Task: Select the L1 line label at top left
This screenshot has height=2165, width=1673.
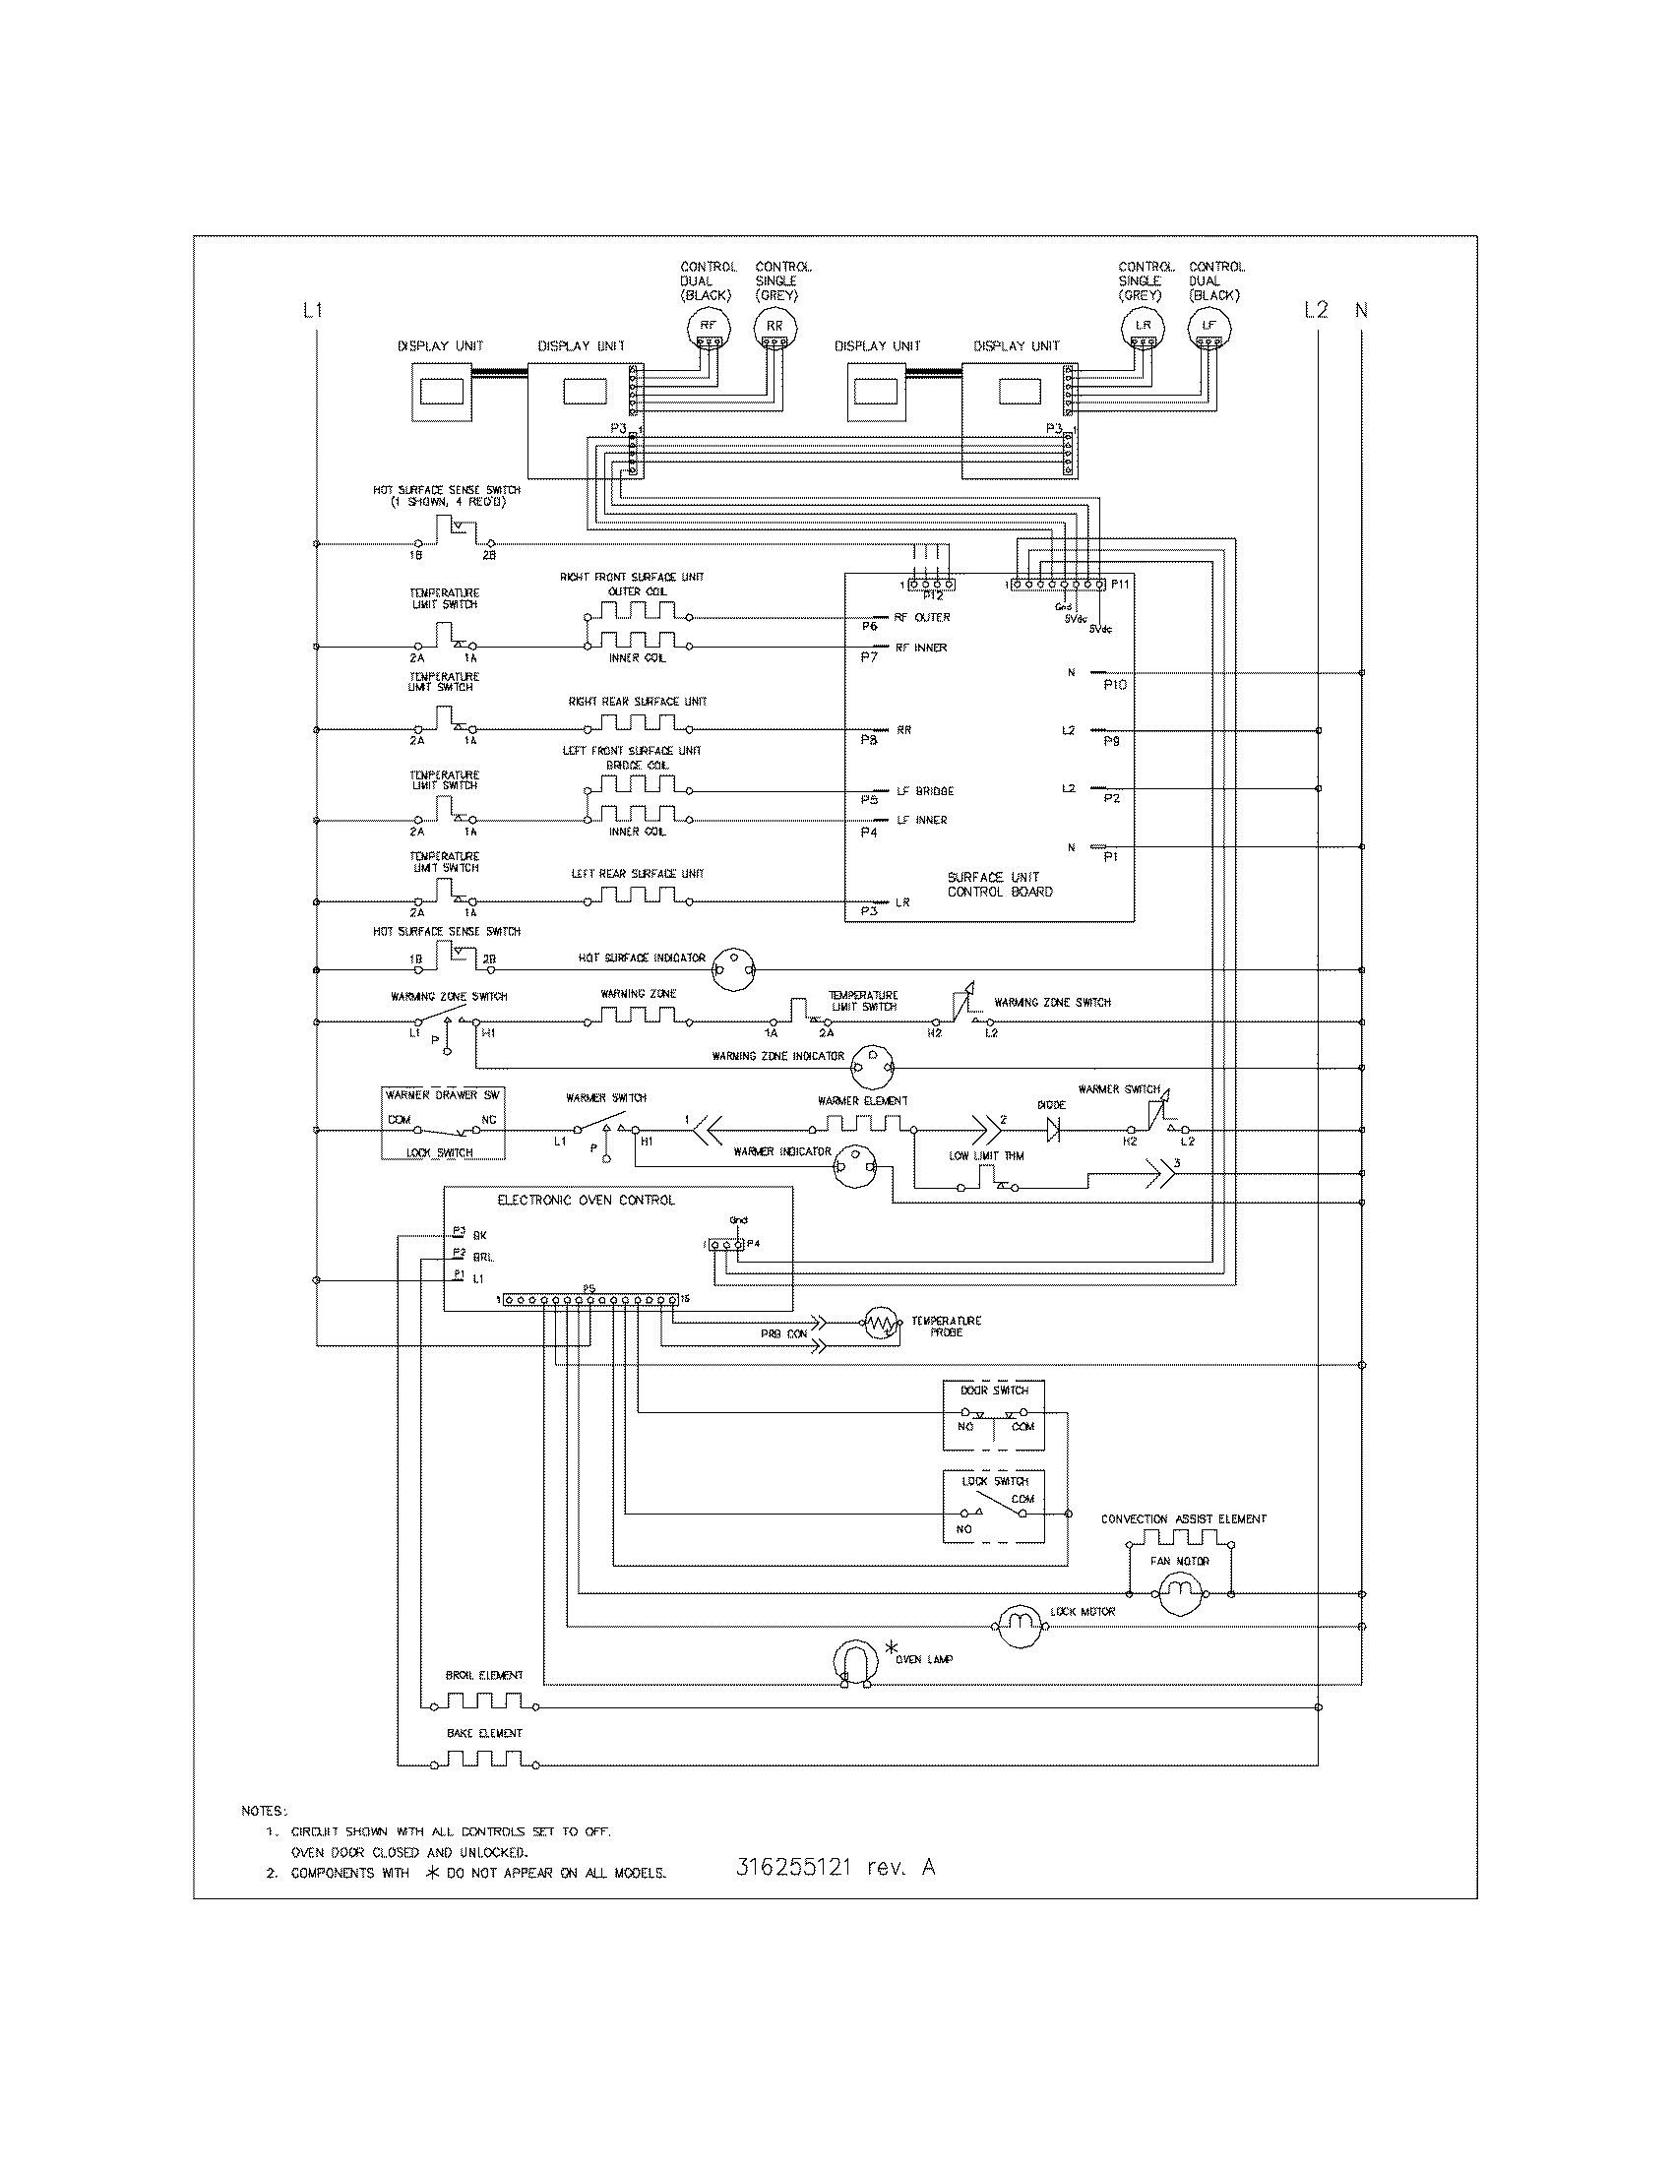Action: point(312,310)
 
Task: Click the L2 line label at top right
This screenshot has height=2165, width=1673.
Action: point(1315,310)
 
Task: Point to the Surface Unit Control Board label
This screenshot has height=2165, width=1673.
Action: point(999,885)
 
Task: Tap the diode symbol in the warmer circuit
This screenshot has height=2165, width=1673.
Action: point(1052,1129)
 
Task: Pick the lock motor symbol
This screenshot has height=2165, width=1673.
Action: point(1020,1626)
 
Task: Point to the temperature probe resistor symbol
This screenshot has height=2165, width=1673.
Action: point(880,1324)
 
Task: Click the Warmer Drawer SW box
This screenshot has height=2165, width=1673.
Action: point(444,1122)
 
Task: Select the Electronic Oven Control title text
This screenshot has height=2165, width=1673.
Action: point(585,1200)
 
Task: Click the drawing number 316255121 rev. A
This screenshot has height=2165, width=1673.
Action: point(836,1867)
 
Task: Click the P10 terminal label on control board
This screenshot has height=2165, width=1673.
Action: point(1115,685)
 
